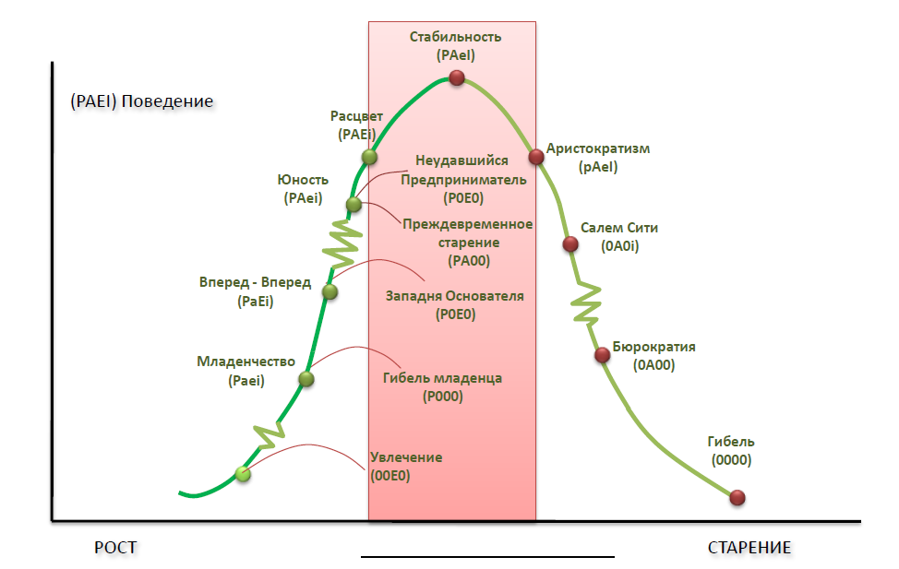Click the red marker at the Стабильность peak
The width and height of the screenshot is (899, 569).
pyautogui.click(x=455, y=78)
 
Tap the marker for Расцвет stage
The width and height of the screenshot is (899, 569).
pyautogui.click(x=369, y=157)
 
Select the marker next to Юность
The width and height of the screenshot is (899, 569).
pyautogui.click(x=354, y=205)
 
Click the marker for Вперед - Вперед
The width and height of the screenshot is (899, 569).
pyautogui.click(x=330, y=291)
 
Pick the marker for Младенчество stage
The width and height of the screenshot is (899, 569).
pyautogui.click(x=307, y=378)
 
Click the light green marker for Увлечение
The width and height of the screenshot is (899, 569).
pyautogui.click(x=243, y=474)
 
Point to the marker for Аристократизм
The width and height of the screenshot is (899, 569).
pyautogui.click(x=536, y=156)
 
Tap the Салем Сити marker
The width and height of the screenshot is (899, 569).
pyautogui.click(x=570, y=244)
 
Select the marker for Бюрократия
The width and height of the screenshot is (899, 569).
pyautogui.click(x=603, y=354)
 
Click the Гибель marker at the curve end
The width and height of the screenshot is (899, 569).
pyautogui.click(x=737, y=498)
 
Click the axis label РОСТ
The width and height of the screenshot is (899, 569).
pyautogui.click(x=115, y=548)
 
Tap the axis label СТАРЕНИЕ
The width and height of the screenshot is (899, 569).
pyautogui.click(x=749, y=548)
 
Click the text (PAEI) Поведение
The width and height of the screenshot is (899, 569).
pyautogui.click(x=141, y=101)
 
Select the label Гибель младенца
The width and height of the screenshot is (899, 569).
pyautogui.click(x=442, y=378)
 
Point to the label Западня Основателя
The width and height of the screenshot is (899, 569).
pyautogui.click(x=454, y=296)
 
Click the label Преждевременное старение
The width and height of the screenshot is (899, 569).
pyautogui.click(x=467, y=233)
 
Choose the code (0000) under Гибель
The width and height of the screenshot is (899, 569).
pyautogui.click(x=731, y=460)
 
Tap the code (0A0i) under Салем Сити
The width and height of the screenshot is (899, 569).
pyautogui.click(x=620, y=246)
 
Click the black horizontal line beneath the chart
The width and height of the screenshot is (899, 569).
pyautogui.click(x=487, y=557)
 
